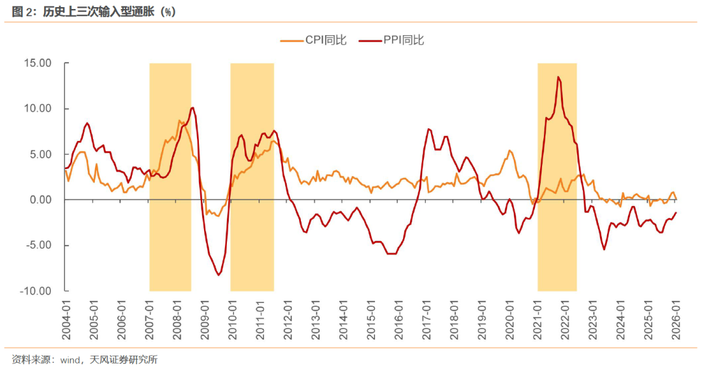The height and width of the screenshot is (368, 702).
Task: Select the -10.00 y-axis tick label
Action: click(36, 291)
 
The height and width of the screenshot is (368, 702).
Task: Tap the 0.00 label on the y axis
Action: click(41, 200)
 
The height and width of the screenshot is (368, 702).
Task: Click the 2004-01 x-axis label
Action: click(66, 319)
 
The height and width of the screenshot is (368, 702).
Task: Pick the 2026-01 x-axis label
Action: click(676, 319)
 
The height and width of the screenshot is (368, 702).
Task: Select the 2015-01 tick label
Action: click(371, 319)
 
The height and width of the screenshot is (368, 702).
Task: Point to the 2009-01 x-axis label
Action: click(205, 319)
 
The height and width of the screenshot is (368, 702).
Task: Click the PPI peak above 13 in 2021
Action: click(558, 77)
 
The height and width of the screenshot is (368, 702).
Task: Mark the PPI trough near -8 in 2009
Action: click(218, 275)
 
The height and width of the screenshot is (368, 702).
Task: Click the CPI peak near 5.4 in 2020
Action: click(510, 150)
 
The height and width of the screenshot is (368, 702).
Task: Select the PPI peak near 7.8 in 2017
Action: click(429, 129)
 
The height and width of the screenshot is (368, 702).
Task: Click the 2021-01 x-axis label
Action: click(538, 319)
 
